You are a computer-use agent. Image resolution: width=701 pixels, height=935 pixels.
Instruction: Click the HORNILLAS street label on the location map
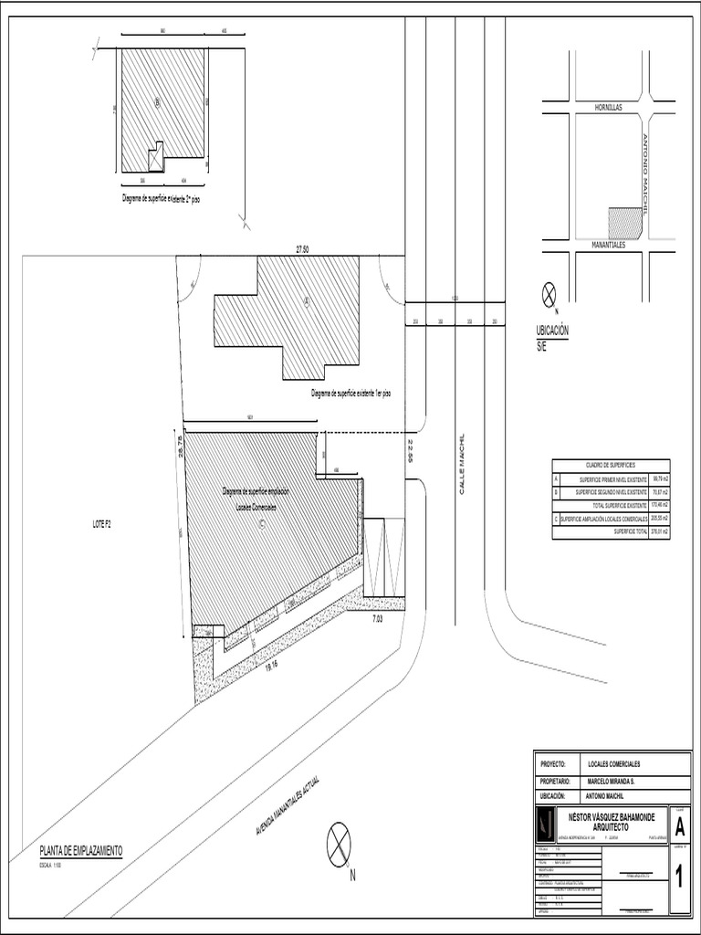point(608,107)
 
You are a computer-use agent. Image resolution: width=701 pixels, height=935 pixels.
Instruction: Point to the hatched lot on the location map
point(625,223)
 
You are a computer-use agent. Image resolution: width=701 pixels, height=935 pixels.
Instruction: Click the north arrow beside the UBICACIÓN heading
point(549,294)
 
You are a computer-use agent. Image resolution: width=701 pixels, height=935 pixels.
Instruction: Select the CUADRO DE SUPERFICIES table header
point(611,466)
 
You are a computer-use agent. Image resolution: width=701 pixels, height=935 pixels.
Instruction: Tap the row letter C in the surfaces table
point(556,518)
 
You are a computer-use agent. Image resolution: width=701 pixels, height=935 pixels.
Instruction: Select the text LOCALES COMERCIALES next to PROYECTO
point(613,763)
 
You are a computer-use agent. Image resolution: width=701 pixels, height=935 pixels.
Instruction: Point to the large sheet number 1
point(680,879)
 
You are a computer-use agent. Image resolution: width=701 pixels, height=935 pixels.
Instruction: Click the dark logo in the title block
point(544,825)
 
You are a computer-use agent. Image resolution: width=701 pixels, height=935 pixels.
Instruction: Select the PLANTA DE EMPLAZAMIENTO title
point(80,850)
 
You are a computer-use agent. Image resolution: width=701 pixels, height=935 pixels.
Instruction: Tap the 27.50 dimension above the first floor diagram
point(301,249)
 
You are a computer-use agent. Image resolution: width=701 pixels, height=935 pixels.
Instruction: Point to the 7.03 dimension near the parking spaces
point(378,619)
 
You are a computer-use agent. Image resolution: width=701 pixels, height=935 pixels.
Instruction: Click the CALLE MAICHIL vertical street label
point(462,465)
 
